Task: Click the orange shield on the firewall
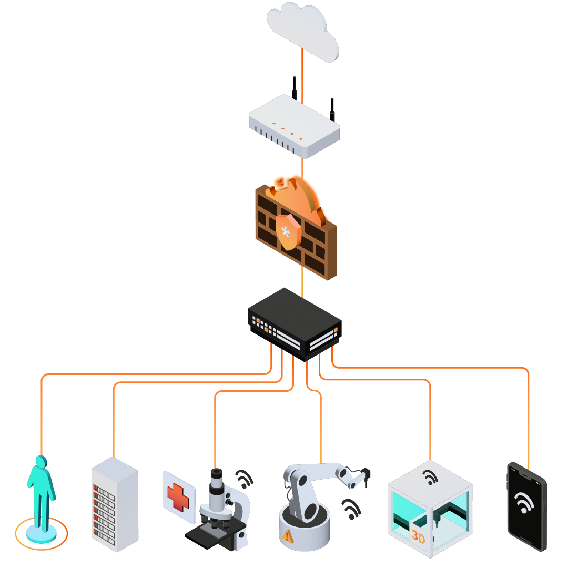288,232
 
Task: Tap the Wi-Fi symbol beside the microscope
244,479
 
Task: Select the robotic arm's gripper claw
366,476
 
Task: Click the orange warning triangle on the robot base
287,536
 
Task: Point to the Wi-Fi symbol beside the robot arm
351,509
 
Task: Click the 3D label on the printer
418,537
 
